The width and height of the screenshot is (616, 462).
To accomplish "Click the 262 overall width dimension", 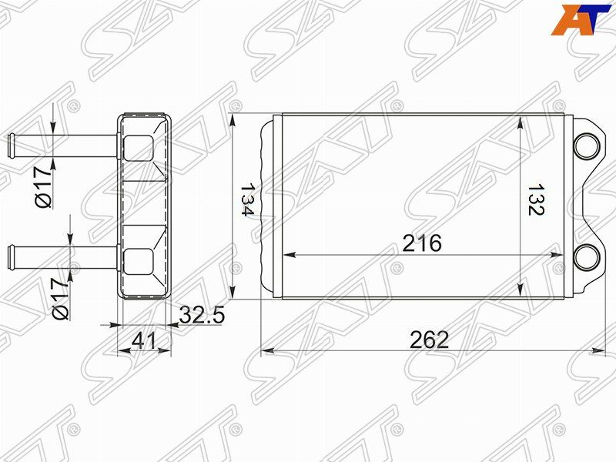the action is click(x=429, y=340).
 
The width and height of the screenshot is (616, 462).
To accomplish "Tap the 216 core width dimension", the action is click(x=422, y=243).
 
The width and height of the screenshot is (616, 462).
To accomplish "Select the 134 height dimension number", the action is click(x=247, y=199).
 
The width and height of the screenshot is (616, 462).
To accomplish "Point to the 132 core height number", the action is click(x=535, y=199).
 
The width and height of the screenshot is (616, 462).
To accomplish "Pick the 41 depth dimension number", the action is click(x=144, y=340).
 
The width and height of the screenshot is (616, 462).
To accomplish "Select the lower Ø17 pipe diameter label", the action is click(x=60, y=300).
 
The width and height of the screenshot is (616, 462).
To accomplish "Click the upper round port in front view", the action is click(x=587, y=146).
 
